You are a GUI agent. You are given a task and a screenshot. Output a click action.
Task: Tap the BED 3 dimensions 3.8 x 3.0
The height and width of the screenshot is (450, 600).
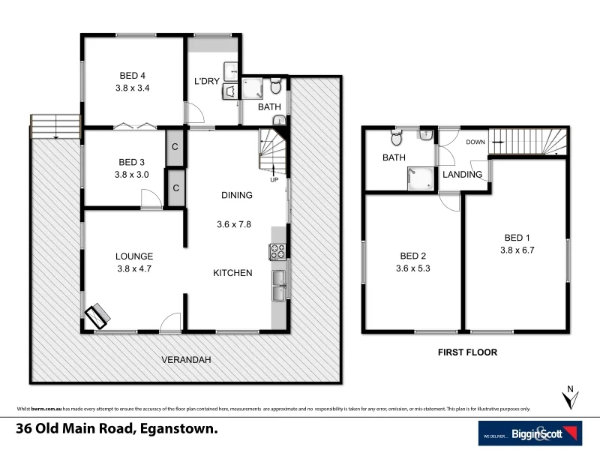(132, 174)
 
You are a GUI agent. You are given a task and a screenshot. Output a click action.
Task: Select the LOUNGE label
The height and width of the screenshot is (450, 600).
(135, 256)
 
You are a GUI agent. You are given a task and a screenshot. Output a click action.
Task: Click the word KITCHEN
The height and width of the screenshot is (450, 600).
(232, 273)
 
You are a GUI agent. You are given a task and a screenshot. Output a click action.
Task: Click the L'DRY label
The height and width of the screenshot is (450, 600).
(207, 82)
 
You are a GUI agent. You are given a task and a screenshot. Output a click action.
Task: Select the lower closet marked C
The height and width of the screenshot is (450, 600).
(174, 187)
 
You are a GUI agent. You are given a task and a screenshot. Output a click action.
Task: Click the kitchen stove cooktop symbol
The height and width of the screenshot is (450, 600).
(277, 251)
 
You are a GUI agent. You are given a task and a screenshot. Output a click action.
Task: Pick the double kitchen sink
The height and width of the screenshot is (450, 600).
(278, 286)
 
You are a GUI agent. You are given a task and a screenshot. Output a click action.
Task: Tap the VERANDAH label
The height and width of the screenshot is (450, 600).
(187, 360)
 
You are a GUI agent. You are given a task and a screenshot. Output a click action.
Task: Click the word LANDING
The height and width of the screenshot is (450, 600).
(462, 175)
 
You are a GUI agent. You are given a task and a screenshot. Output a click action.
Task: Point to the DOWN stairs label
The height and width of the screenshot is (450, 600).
(475, 142)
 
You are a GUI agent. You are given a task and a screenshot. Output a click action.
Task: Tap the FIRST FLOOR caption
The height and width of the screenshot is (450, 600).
(468, 351)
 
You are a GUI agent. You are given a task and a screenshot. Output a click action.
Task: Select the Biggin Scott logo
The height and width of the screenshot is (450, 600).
(530, 433)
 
